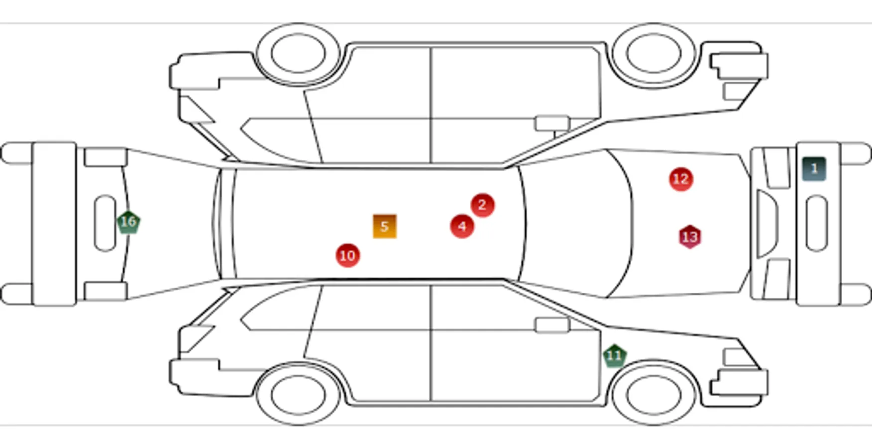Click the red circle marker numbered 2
(482, 205)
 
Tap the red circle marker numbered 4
(462, 227)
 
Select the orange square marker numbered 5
(385, 226)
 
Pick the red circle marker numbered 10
(347, 255)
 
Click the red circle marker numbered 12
(681, 179)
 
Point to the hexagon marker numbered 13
(690, 237)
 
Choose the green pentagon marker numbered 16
(128, 222)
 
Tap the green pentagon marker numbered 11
(615, 356)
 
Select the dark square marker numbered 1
(814, 169)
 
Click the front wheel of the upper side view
(654, 53)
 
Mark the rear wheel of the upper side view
(298, 53)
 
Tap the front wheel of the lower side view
(654, 395)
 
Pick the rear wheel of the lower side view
(298, 395)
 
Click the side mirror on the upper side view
(552, 123)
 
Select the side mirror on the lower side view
(552, 325)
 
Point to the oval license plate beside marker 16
(105, 223)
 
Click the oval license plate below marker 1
(816, 224)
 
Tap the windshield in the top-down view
(577, 224)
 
